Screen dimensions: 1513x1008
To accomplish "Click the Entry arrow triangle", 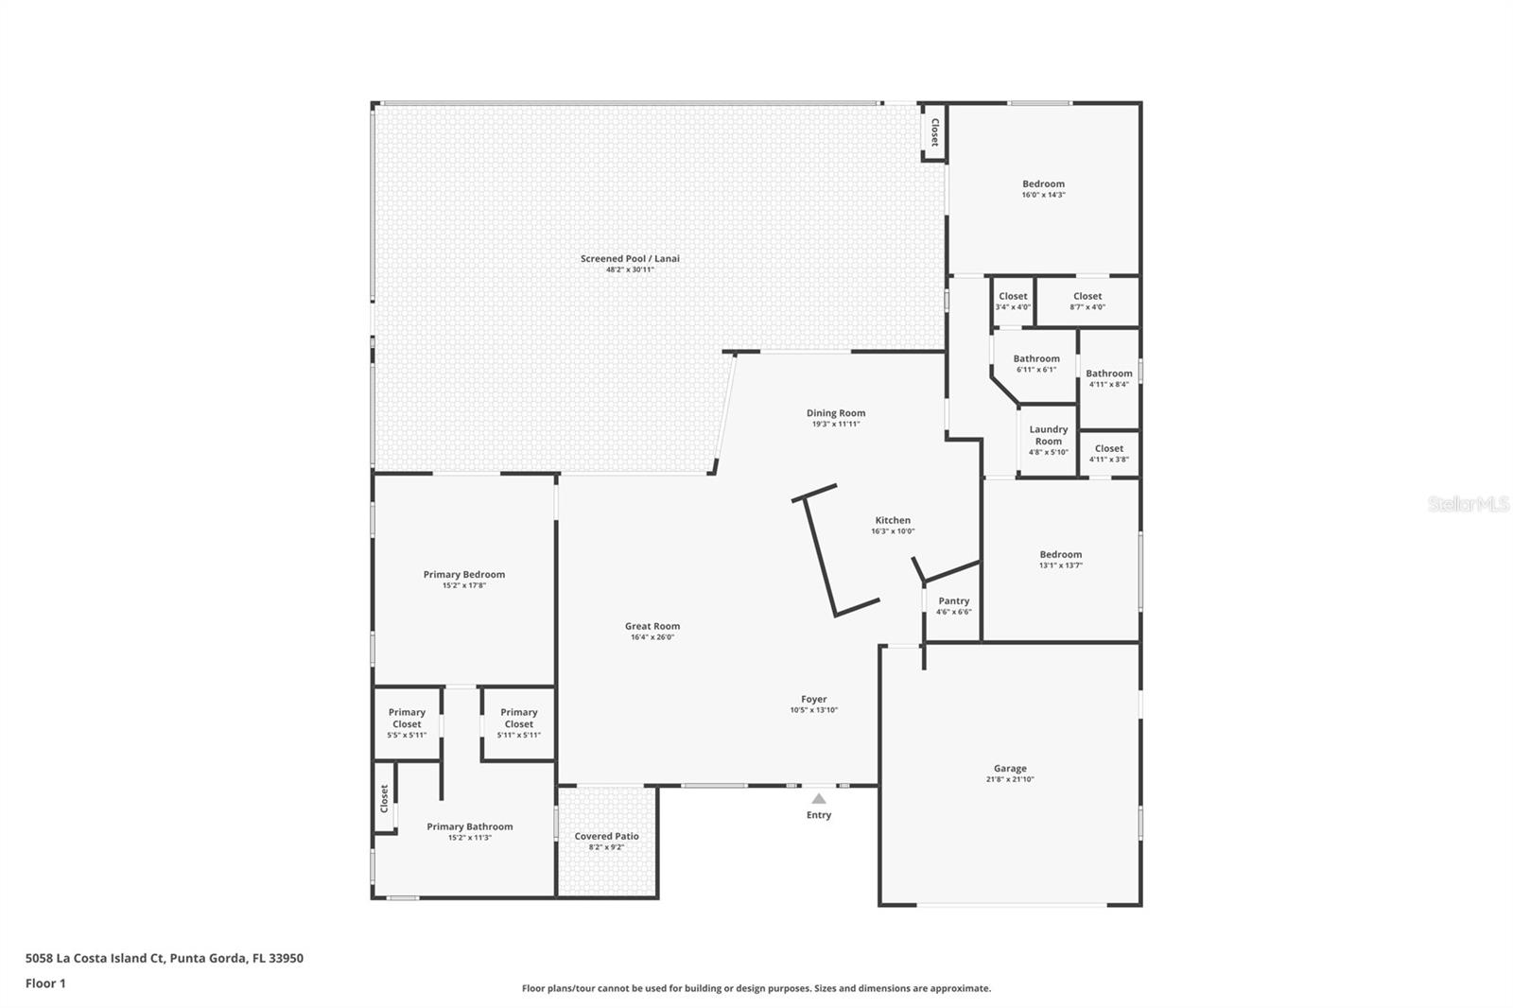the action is [x=819, y=799].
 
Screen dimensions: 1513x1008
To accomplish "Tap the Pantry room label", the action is [x=953, y=601].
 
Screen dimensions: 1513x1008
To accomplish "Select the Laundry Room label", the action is [x=1048, y=435].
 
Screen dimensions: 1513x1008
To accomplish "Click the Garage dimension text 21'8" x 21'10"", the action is [x=1010, y=780].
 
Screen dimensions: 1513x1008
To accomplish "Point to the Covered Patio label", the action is [x=606, y=836].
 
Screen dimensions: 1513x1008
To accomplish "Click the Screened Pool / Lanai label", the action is [x=630, y=258].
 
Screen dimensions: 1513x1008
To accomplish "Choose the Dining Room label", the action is [x=836, y=413].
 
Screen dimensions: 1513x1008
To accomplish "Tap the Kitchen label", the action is [x=893, y=520].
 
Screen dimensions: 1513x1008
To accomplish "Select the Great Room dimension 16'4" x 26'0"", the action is [x=652, y=637].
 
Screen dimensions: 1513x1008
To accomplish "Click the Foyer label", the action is [x=813, y=700].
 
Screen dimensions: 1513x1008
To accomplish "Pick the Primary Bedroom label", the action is [x=463, y=574].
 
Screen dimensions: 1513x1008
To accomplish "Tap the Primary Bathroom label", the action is [x=469, y=826].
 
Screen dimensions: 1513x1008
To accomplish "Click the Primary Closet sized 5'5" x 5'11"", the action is [x=407, y=719].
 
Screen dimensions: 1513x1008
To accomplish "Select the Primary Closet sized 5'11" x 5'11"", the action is [x=518, y=719].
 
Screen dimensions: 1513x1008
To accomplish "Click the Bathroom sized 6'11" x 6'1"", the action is [x=1036, y=359].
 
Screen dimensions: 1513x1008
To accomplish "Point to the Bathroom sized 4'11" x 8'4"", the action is [x=1108, y=374].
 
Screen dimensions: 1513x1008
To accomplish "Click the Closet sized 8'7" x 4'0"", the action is [x=1087, y=297].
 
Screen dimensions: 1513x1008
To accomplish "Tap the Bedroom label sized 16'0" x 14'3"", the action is [x=1043, y=184].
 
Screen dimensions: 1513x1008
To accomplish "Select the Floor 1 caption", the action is [x=45, y=983].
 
